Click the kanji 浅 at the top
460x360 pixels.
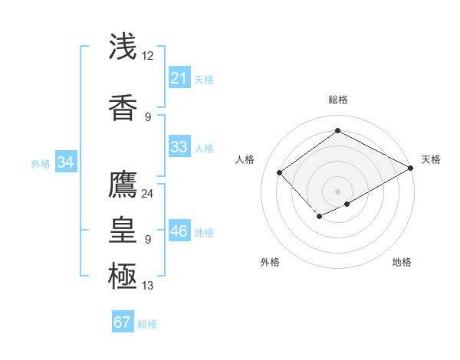click(123, 47)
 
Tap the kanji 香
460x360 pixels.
click(123, 107)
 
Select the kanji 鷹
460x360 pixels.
click(123, 185)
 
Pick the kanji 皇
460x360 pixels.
click(123, 228)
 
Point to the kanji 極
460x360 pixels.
click(123, 273)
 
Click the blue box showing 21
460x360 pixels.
click(179, 77)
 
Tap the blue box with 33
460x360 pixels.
click(179, 147)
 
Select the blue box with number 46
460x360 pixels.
click(179, 231)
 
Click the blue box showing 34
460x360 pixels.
click(66, 162)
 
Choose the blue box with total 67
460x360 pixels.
click(123, 322)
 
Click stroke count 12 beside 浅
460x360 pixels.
click(148, 55)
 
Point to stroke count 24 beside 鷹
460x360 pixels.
click(148, 193)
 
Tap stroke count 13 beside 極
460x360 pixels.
click(148, 286)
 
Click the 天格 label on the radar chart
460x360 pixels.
click(431, 159)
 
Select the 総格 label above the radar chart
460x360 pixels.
click(337, 100)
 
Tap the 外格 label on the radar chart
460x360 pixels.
click(270, 262)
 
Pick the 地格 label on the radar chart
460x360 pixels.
click(402, 262)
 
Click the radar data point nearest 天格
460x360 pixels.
click(412, 168)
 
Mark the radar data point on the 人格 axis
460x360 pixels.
click(280, 172)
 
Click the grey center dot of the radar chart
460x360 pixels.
click(337, 191)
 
